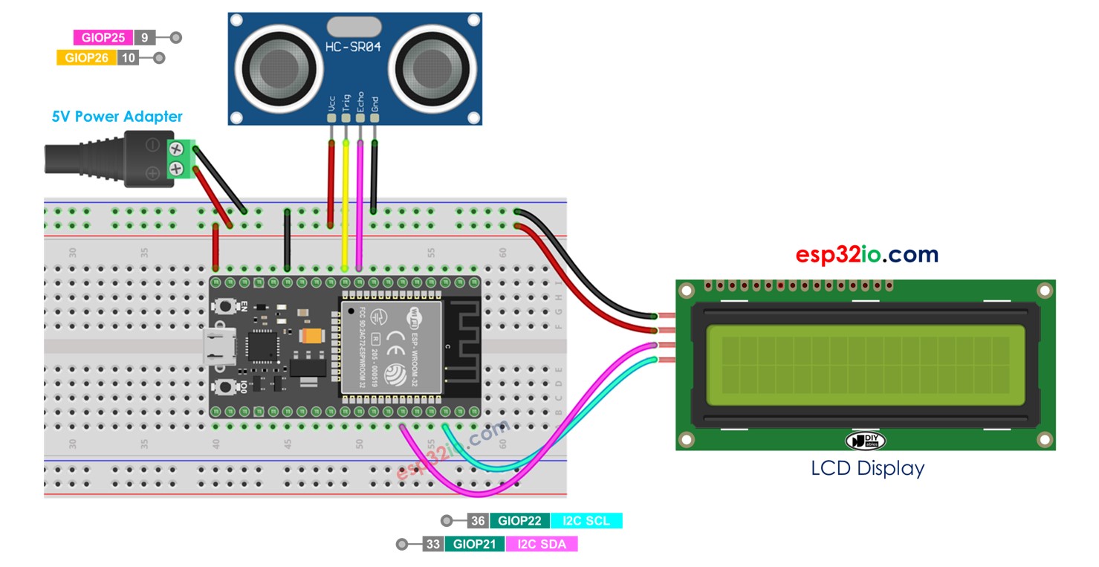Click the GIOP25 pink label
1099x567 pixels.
pyautogui.click(x=103, y=38)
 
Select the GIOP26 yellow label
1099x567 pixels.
pyautogui.click(x=86, y=58)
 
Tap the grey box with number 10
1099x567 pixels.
pyautogui.click(x=128, y=58)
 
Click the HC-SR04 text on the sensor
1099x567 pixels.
pyautogui.click(x=354, y=48)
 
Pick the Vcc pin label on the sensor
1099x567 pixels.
pyautogui.click(x=331, y=103)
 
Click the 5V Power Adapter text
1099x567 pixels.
pyautogui.click(x=117, y=117)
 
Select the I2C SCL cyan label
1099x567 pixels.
pyautogui.click(x=586, y=521)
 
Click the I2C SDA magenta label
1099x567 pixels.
pyautogui.click(x=542, y=545)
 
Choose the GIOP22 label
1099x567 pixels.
pyautogui.click(x=519, y=521)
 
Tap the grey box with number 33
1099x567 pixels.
pyautogui.click(x=432, y=545)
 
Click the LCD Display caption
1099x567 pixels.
pyautogui.click(x=867, y=469)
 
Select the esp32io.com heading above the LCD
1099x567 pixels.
pyautogui.click(x=866, y=255)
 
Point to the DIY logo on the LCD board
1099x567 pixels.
pyautogui.click(x=866, y=440)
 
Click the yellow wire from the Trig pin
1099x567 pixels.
pyautogui.click(x=346, y=201)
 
